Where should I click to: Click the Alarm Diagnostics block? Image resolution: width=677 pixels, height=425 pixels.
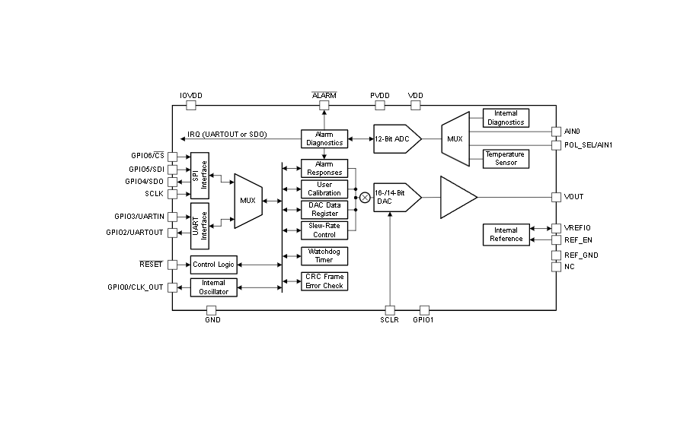click(324, 139)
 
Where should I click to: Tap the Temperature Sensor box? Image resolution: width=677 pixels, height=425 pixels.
click(506, 158)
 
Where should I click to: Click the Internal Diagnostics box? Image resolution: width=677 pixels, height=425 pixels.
click(506, 118)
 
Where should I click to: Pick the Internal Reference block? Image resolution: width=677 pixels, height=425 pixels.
click(506, 235)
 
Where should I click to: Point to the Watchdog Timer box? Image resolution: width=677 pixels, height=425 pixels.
click(324, 255)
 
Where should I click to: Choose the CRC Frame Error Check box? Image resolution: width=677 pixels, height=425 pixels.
click(324, 281)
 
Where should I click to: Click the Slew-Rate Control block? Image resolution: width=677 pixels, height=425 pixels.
click(324, 230)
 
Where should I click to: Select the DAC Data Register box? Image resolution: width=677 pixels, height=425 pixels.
click(324, 209)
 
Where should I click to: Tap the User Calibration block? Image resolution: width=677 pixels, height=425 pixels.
click(324, 189)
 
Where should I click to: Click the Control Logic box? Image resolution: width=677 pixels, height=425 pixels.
click(214, 265)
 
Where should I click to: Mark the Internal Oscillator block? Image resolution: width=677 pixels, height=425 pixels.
click(214, 287)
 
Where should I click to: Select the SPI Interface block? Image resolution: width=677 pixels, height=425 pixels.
click(200, 175)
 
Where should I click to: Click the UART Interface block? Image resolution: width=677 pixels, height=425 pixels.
click(200, 226)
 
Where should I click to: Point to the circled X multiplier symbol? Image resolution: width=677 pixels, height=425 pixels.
click(365, 198)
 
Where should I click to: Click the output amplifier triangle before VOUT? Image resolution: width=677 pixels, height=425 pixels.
click(456, 197)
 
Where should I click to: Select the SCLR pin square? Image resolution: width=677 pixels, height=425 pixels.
click(390, 310)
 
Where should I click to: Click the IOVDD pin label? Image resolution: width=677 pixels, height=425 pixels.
click(191, 96)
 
